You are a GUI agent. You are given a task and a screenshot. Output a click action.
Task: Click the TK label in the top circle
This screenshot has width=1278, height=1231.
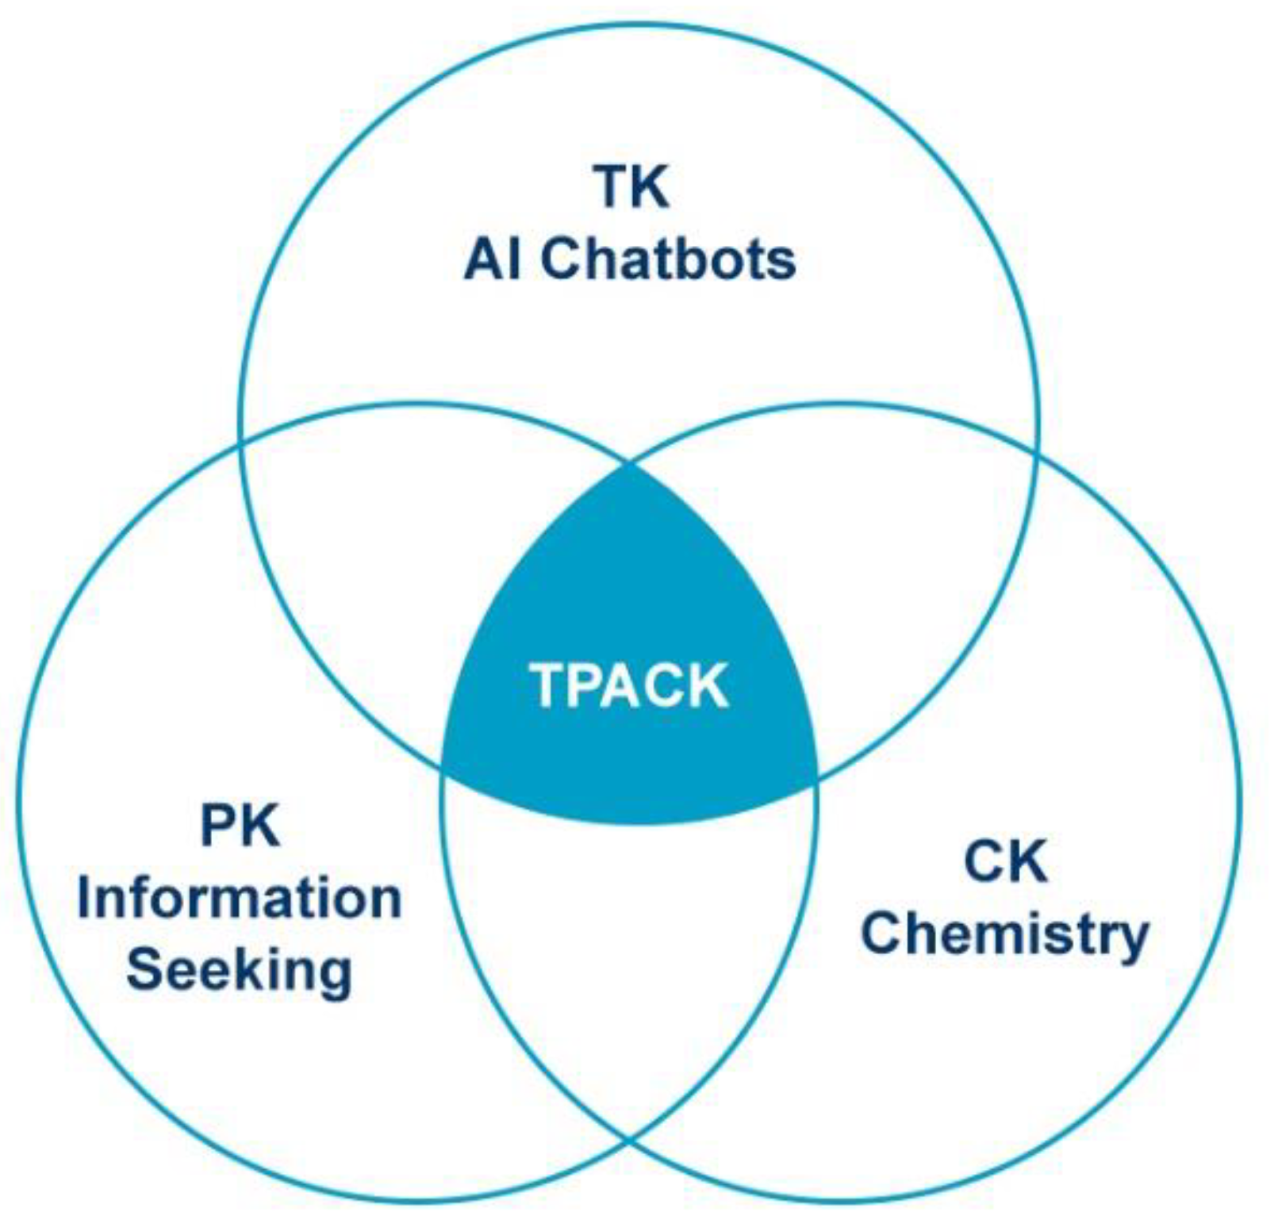[631, 186]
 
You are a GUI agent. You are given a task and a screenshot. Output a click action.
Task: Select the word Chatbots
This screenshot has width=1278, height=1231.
[668, 259]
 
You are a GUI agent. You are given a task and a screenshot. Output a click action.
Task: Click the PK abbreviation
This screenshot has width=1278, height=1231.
[240, 825]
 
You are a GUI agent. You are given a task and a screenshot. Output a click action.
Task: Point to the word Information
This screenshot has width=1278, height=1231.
[240, 898]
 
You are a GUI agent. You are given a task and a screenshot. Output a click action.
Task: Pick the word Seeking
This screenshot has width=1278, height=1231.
[240, 969]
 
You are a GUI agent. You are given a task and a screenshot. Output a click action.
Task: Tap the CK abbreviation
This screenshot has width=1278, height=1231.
[1005, 861]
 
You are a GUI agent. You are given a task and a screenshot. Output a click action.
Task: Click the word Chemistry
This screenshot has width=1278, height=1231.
[1005, 934]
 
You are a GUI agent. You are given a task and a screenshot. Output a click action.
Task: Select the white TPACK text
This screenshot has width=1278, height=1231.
[629, 685]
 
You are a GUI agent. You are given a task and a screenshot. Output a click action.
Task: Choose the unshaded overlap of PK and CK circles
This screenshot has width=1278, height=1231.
[629, 952]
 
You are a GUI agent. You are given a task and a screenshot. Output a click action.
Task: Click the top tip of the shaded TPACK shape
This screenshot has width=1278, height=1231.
[631, 466]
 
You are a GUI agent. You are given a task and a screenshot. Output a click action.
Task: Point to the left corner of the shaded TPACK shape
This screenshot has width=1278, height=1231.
[443, 766]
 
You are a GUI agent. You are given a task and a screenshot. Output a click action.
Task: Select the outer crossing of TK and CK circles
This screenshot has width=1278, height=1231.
[1036, 452]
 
